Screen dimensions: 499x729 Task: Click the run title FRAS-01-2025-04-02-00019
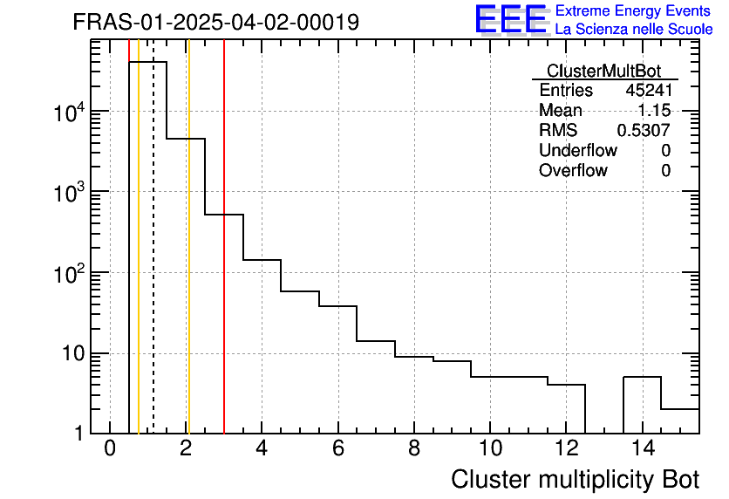pos(216,23)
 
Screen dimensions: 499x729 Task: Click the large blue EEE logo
pos(511,19)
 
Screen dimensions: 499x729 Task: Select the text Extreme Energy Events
pos(633,11)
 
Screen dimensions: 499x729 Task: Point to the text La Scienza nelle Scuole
pos(633,30)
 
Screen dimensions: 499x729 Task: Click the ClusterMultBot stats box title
pos(603,71)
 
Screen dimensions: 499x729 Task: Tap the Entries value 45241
pos(648,91)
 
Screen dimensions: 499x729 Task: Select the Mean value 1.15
pos(653,111)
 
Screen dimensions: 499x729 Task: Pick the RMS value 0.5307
pos(644,131)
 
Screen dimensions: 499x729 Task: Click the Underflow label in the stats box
pos(577,151)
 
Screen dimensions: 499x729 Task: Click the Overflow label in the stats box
pos(573,171)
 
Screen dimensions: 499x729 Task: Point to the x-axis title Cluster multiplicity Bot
pos(575,479)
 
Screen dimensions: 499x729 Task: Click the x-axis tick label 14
pos(642,449)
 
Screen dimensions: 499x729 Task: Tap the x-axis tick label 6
pos(337,449)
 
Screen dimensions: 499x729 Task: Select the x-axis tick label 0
pos(110,449)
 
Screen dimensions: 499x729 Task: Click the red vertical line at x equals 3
pos(224,305)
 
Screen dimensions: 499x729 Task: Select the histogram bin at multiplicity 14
pos(642,406)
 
